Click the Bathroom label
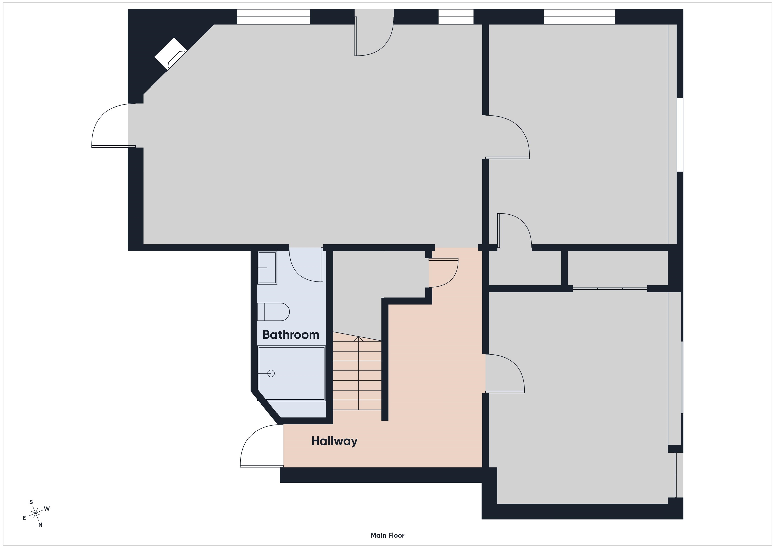click(291, 335)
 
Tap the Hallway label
click(334, 441)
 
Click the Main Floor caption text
click(387, 535)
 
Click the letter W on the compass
click(47, 508)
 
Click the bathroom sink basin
click(267, 268)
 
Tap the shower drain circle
click(271, 373)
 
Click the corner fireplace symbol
click(171, 54)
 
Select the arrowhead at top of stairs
click(358, 339)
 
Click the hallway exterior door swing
click(262, 446)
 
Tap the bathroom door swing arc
click(306, 265)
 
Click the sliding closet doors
click(610, 289)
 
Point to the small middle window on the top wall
click(456, 17)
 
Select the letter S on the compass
click(31, 502)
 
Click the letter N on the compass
click(40, 525)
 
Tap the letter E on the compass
click(24, 518)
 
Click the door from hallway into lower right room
click(505, 373)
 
